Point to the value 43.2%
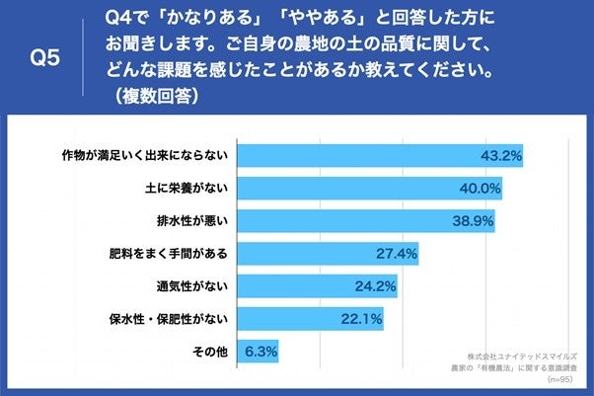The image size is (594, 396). (500, 156)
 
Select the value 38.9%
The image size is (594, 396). (473, 220)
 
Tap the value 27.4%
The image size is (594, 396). (398, 254)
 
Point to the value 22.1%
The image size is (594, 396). (362, 319)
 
